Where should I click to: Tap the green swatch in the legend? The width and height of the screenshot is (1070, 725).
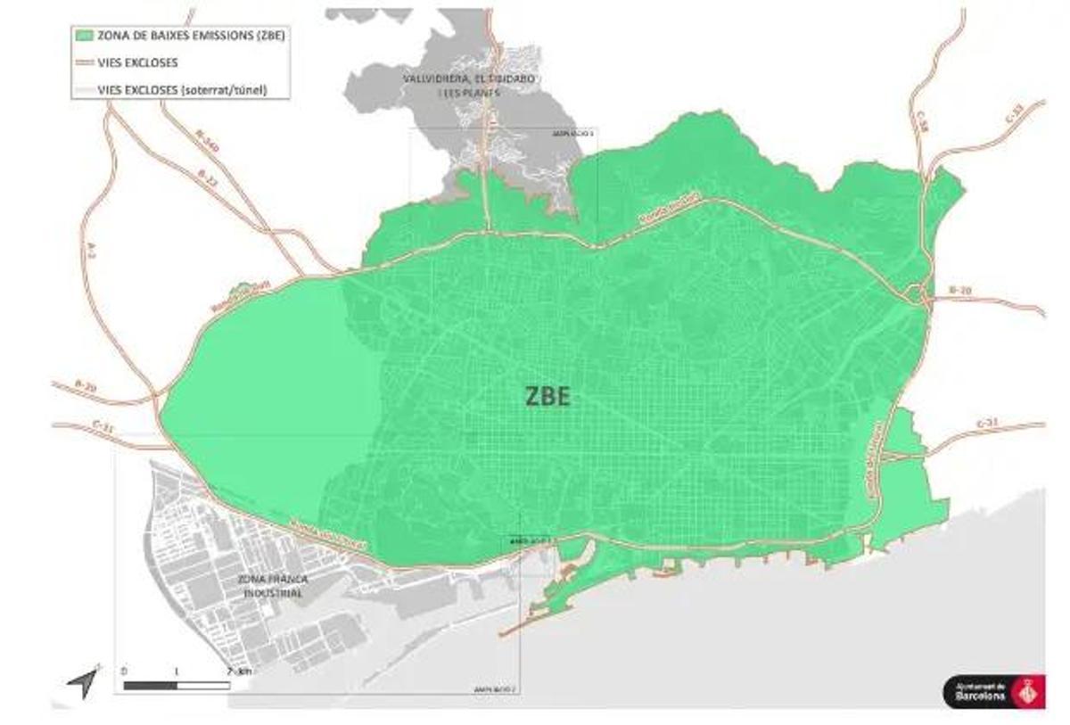85,37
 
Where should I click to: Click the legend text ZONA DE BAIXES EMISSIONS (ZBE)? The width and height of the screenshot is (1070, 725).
191,37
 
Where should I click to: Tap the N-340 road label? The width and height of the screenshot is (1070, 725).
207,143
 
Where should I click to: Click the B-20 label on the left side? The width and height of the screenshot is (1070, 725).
86,386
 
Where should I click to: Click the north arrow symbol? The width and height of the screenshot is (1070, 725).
83,682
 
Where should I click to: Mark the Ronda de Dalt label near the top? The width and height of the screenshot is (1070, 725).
669,209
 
